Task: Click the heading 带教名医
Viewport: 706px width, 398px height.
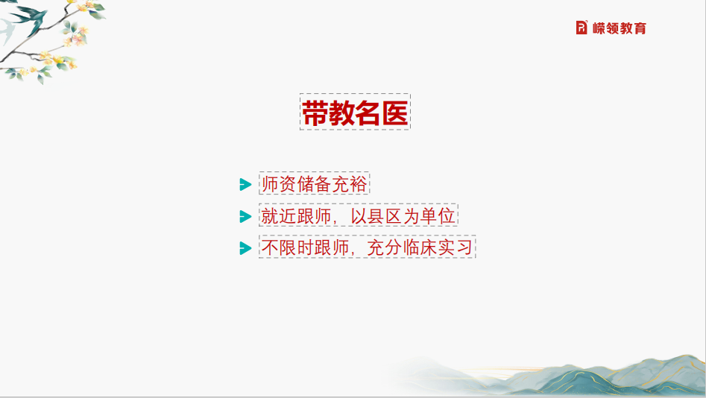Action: (355, 113)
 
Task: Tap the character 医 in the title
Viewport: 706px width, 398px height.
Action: (395, 113)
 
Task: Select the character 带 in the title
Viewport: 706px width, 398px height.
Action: (315, 113)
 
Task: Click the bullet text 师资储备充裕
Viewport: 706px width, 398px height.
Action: (315, 183)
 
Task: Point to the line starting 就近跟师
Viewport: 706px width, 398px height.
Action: (359, 215)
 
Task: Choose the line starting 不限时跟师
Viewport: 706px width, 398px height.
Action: (367, 247)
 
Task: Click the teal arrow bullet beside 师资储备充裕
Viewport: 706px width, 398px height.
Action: (245, 184)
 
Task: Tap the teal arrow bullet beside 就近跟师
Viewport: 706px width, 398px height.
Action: (245, 217)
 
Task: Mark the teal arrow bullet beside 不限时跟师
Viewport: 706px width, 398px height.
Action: (245, 248)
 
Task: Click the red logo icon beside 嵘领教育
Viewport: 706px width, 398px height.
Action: (581, 28)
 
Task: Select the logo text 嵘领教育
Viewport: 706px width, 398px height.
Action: (619, 28)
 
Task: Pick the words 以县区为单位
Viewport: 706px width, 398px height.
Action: (403, 215)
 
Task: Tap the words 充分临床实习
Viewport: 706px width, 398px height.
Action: (420, 247)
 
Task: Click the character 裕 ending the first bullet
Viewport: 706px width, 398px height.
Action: (359, 183)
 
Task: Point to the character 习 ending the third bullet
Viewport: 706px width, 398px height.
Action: (464, 247)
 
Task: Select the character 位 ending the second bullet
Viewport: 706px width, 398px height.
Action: (447, 215)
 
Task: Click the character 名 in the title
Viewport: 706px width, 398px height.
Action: (369, 113)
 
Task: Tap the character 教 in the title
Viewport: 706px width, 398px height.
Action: (341, 113)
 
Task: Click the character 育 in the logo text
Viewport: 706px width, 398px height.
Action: (640, 28)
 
